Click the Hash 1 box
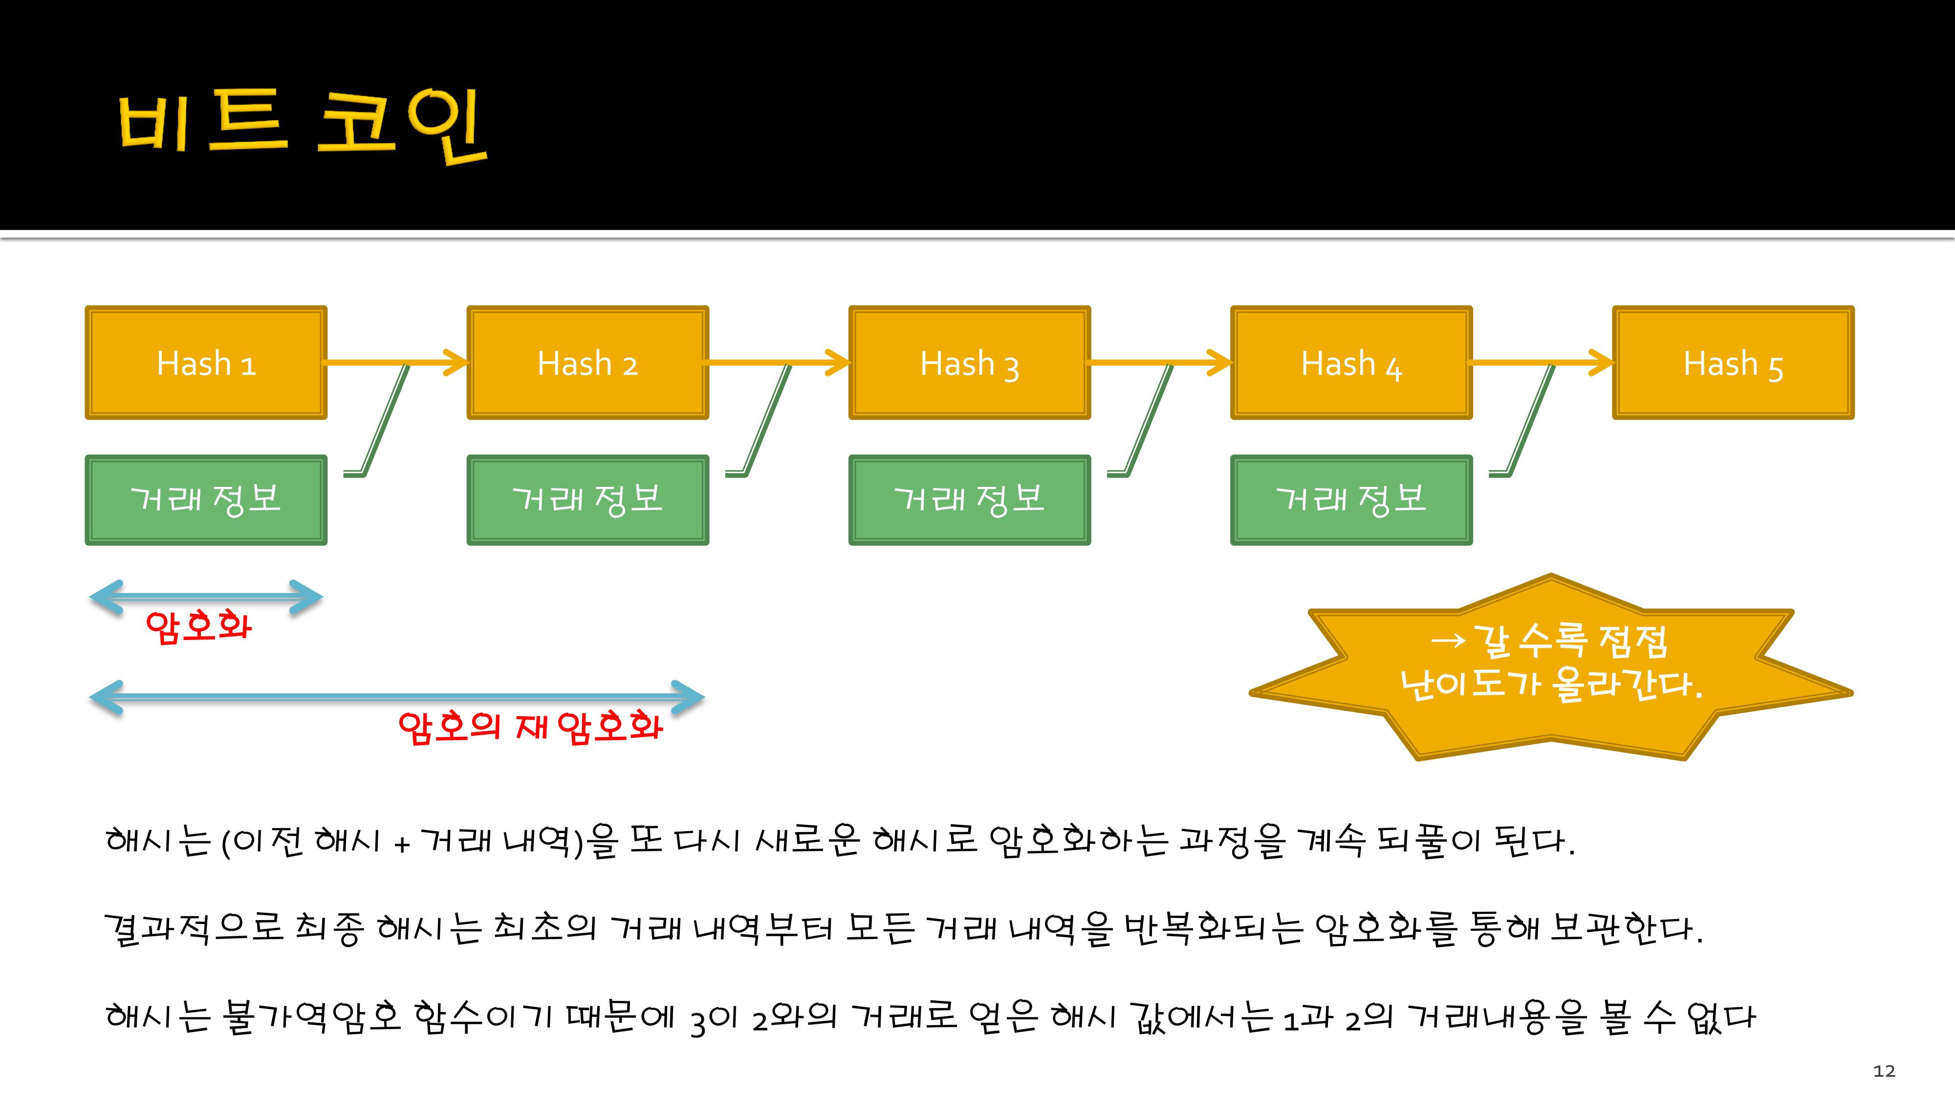click(206, 363)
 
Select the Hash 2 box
click(587, 363)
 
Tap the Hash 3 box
click(969, 363)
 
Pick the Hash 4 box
click(1351, 363)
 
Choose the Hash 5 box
click(1733, 363)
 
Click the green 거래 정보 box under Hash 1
click(206, 500)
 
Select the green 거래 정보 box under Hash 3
click(969, 500)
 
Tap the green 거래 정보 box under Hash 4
click(1351, 500)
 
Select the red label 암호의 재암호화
click(530, 726)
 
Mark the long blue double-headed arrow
click(397, 696)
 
